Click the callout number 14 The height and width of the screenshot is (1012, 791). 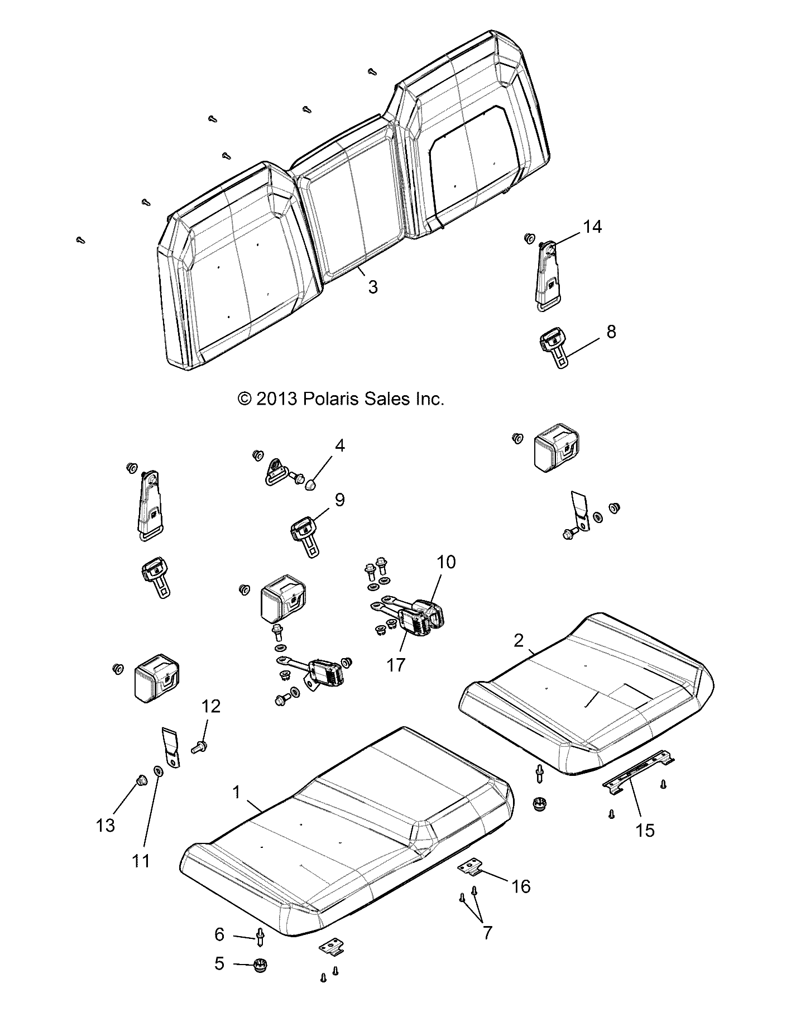click(x=592, y=227)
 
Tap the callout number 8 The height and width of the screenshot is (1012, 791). click(x=611, y=332)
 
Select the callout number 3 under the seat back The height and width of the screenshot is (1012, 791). click(x=372, y=287)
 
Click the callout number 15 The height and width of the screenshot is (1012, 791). click(x=645, y=830)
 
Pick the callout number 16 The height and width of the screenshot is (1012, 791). click(x=521, y=886)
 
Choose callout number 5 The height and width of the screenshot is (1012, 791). click(x=219, y=963)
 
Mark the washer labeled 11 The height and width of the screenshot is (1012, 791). click(x=158, y=771)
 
